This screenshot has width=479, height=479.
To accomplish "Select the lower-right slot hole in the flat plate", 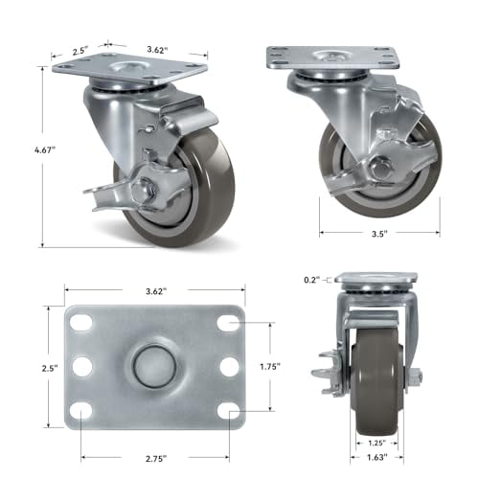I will [x=226, y=410].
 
